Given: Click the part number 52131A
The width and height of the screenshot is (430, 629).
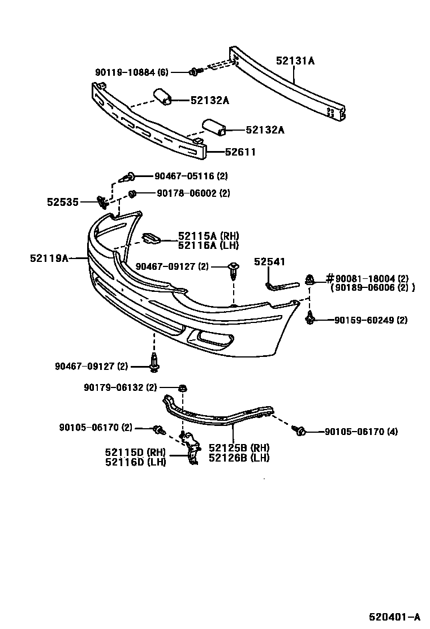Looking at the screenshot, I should point(295,60).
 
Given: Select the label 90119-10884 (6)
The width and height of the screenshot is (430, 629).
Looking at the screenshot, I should point(131,72).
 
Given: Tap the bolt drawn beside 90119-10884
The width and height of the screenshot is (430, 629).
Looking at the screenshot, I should point(196,71).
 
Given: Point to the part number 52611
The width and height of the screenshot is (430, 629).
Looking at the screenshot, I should point(240,152).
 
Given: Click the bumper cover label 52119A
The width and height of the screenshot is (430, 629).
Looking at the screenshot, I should point(49,258).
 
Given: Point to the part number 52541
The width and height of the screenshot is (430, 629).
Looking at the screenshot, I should point(269,261).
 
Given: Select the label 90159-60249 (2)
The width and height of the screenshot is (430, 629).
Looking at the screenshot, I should point(371,320).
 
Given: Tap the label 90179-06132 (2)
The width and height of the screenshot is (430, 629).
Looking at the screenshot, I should point(120,387).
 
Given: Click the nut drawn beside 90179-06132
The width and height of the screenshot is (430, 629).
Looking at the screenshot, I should point(183,388).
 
